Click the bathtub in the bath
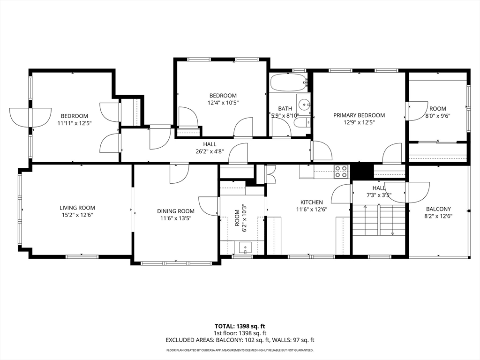(289, 82)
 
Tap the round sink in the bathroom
(305, 105)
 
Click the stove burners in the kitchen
(341, 172)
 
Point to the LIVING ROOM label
(77, 208)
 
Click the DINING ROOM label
(176, 211)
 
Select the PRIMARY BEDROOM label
(359, 115)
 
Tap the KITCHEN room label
(312, 202)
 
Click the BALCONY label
(438, 209)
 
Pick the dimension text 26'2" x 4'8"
(210, 151)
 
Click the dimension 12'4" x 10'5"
(223, 103)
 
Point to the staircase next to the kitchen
(379, 220)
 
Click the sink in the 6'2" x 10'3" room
(245, 247)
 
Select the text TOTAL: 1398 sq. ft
(240, 326)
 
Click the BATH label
(285, 108)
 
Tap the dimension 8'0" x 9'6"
(438, 116)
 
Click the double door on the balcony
(407, 192)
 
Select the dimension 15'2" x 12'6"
(77, 215)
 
